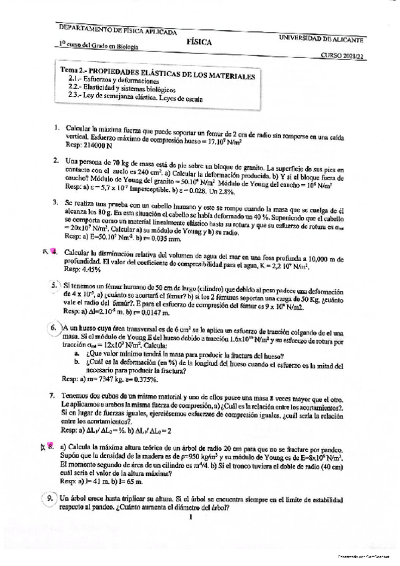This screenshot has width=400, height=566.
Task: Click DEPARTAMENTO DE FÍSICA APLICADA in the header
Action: [x=118, y=31]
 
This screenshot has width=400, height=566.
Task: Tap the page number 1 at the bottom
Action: [x=190, y=515]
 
